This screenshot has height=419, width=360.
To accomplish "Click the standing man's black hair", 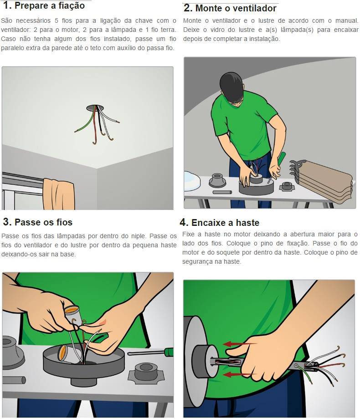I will (x=233, y=87).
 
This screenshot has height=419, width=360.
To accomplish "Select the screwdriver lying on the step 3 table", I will (x=150, y=353).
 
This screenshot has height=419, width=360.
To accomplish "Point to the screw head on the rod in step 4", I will (x=297, y=365).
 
